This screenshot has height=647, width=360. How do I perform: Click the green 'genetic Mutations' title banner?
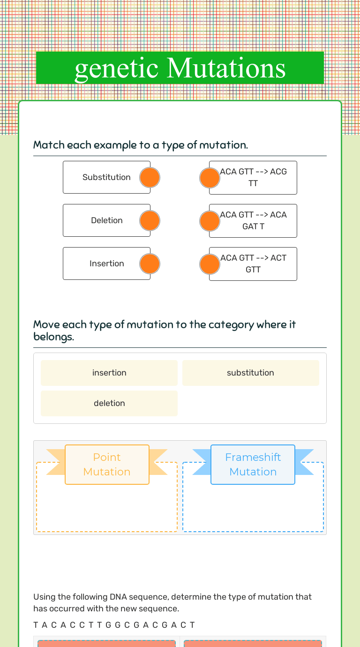[x=180, y=68]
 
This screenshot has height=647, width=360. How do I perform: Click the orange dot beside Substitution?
[x=150, y=178]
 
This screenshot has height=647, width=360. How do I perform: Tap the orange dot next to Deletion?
[x=150, y=221]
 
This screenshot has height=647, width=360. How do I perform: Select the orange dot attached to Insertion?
[x=150, y=264]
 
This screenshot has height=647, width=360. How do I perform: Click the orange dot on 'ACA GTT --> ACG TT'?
[x=210, y=178]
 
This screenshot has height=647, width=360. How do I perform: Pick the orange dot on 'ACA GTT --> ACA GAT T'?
[x=210, y=221]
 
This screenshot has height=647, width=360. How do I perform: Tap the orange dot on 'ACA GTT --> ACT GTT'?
[x=210, y=264]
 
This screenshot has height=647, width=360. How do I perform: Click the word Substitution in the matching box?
[x=106, y=177]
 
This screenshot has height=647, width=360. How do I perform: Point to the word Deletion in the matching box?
[x=106, y=220]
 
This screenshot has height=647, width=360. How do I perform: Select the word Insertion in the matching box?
[x=106, y=263]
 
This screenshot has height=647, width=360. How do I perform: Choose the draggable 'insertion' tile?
[x=109, y=373]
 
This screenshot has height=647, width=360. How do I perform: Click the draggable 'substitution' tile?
[x=250, y=373]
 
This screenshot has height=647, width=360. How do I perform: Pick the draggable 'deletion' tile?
[x=109, y=403]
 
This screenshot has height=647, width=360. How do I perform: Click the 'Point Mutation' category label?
[x=107, y=464]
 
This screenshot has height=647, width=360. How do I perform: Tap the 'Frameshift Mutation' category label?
[x=253, y=464]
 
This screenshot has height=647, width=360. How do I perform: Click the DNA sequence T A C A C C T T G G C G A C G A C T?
[x=114, y=625]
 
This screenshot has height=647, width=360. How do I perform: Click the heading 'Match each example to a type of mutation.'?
[x=141, y=145]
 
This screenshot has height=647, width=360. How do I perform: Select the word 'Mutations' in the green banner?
[x=226, y=68]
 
